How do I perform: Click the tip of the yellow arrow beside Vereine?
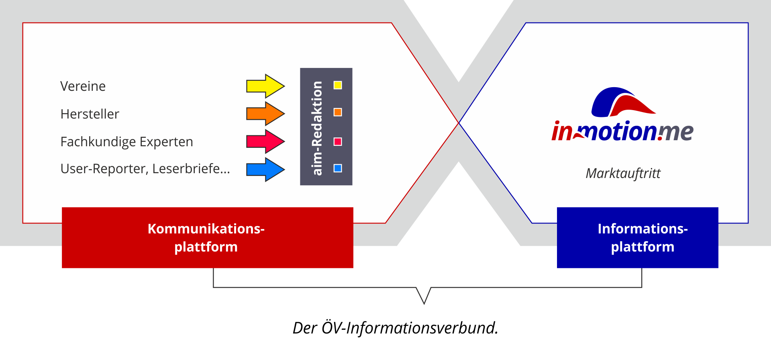285,86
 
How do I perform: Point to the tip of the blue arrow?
285,170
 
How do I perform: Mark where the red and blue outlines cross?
459,123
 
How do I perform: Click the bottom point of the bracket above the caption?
424,304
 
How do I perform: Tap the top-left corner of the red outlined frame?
23,23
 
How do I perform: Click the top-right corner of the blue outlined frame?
748,23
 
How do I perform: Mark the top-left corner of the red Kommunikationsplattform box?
62,207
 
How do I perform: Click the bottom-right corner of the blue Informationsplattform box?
718,268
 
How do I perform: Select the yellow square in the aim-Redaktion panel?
338,85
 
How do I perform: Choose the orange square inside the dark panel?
338,112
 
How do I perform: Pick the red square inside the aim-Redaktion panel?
338,141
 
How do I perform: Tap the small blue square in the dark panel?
338,168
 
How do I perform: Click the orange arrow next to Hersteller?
265,114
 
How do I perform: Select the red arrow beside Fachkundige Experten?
265,141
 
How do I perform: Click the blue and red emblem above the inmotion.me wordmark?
623,102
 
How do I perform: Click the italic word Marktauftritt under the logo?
623,174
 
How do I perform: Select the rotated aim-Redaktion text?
317,128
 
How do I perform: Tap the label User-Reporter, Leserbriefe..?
145,169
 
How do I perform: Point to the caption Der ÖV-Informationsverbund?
396,328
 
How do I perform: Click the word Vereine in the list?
83,86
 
